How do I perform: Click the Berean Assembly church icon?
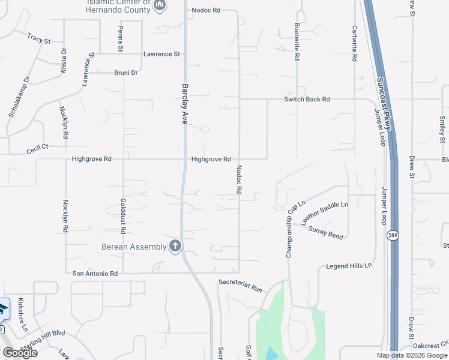tap(175, 246)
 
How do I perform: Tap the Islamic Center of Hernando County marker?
tap(159, 6)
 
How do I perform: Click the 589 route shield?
tap(392, 234)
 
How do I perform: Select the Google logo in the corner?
tap(20, 353)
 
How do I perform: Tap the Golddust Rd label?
tap(122, 216)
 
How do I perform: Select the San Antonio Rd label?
tap(95, 273)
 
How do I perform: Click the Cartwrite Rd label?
tap(355, 44)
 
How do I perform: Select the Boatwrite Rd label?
tap(297, 36)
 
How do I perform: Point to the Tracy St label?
tap(39, 39)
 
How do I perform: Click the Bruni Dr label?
tap(125, 73)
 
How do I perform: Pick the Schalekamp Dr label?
tap(19, 96)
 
